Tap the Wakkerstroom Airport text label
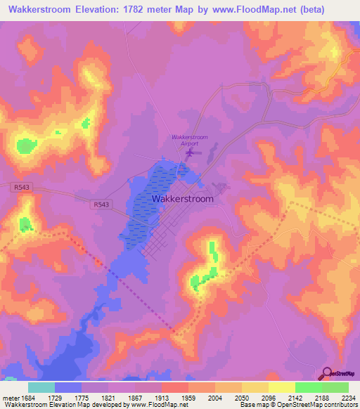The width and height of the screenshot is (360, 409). tap(191, 139)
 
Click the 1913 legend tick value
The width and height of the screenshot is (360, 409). tap(162, 398)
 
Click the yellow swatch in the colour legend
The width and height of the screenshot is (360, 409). tap(281, 387)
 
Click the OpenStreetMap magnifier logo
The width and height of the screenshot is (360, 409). tap(327, 373)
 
